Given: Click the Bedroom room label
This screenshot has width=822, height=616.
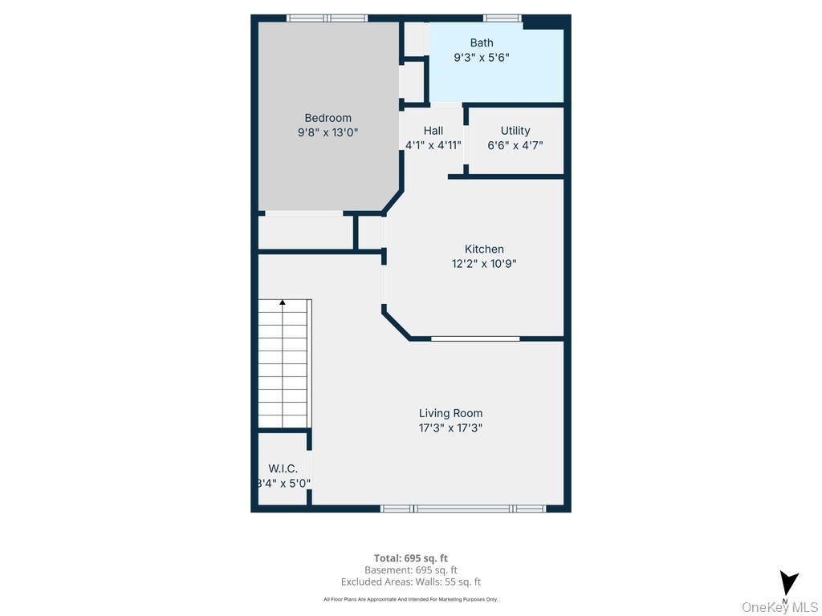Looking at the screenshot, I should (x=328, y=118).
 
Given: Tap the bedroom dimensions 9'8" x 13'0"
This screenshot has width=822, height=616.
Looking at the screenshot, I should (x=328, y=133).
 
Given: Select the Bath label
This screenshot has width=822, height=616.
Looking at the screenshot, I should (x=482, y=43).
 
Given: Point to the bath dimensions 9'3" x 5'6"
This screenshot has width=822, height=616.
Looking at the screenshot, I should (x=482, y=58).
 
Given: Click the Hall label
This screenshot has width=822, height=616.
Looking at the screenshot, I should (x=433, y=131).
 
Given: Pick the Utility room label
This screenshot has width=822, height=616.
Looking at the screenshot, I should (x=515, y=131).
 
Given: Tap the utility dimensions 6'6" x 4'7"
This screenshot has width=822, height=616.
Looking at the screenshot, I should (x=515, y=146).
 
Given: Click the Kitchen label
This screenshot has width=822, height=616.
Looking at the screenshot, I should (x=484, y=249).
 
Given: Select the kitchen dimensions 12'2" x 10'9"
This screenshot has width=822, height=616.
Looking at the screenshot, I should (x=484, y=264).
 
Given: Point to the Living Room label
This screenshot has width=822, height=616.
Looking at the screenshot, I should (x=450, y=414).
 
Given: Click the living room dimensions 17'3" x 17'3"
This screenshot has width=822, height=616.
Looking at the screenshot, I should (x=450, y=428).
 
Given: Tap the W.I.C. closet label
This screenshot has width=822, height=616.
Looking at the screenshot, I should (x=283, y=468).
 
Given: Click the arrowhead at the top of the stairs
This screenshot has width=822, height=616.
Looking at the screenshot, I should (x=283, y=302).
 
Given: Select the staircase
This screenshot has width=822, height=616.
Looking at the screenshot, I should (x=284, y=365).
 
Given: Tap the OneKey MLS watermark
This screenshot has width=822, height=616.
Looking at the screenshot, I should (x=779, y=607).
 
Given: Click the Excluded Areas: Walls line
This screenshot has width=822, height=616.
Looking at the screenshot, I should (x=410, y=582).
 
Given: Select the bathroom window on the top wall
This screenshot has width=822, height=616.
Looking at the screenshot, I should (x=502, y=18).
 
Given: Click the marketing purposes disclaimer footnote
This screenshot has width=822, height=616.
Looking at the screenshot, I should (x=410, y=599).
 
